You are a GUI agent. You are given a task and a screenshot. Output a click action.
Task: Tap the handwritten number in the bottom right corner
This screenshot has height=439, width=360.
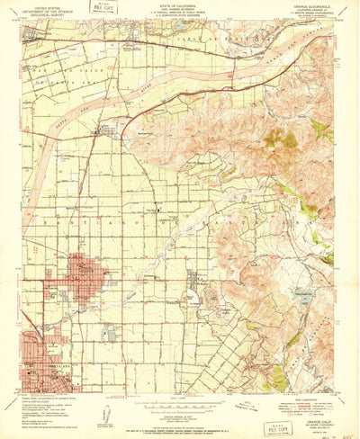point(348,430)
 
